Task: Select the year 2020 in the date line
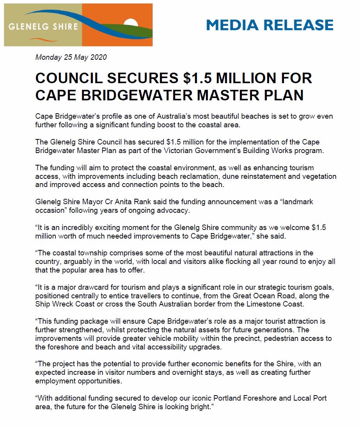[x=98, y=57]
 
